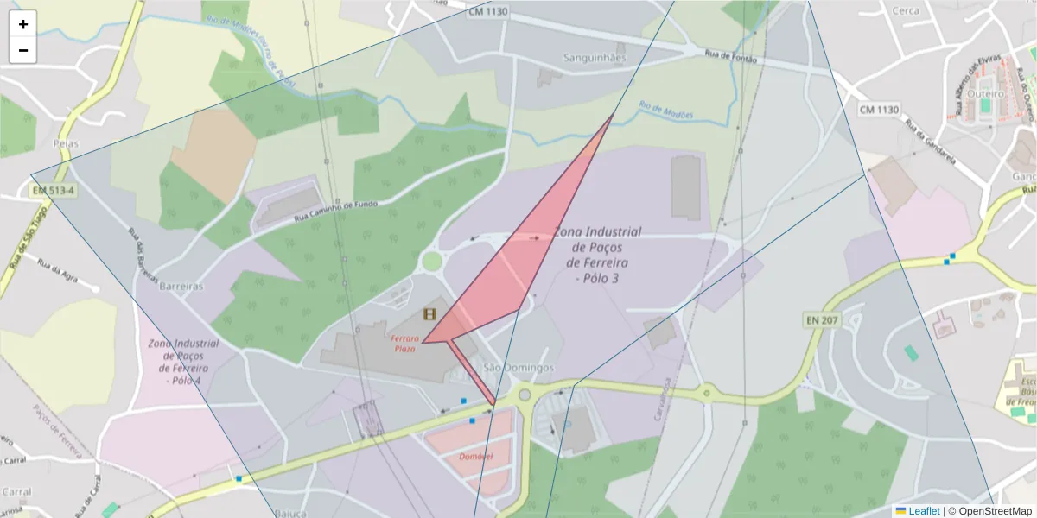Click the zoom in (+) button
click(x=23, y=24)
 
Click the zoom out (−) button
click(x=23, y=50)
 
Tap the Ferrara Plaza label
click(x=405, y=343)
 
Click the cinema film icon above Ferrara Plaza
click(x=430, y=315)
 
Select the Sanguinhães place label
click(x=595, y=58)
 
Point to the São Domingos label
click(x=518, y=368)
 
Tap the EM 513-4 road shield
click(x=54, y=190)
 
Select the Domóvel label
click(x=476, y=456)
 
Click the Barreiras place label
click(x=181, y=286)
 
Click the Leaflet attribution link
click(x=923, y=511)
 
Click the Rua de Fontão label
click(x=731, y=57)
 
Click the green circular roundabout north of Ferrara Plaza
click(x=432, y=261)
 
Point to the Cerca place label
click(x=906, y=11)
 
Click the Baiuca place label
click(x=291, y=513)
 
